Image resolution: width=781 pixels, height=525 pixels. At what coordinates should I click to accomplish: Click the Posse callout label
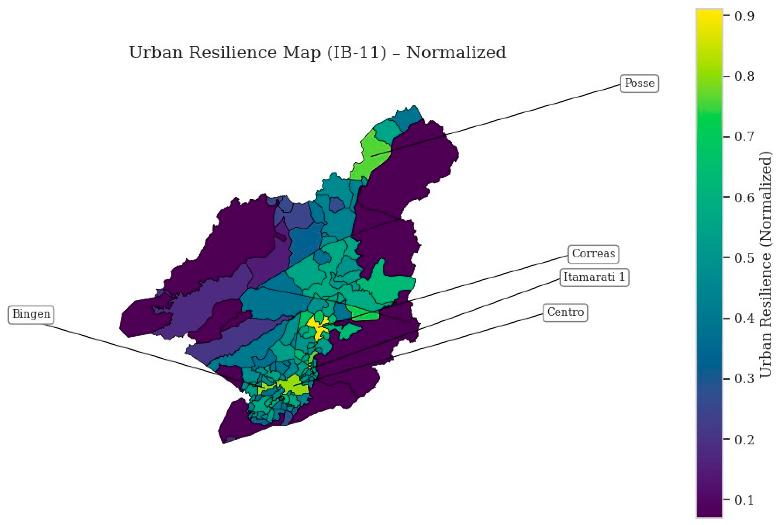click(640, 83)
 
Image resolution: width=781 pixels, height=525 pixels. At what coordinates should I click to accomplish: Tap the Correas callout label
click(593, 254)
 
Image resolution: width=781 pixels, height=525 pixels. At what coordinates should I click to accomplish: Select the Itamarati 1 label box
click(594, 277)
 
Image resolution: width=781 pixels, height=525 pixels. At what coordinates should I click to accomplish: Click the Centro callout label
click(565, 312)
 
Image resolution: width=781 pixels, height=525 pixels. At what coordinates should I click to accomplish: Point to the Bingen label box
click(31, 314)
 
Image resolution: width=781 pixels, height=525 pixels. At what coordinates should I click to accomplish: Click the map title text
click(318, 53)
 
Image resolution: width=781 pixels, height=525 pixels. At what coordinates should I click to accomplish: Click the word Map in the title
click(302, 53)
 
